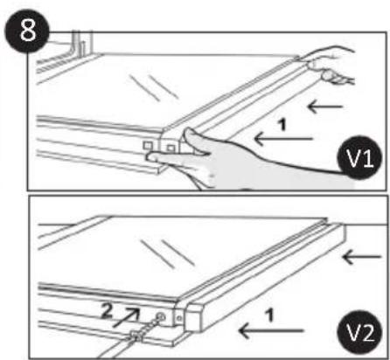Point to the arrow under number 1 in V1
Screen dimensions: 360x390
(x=280, y=137)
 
